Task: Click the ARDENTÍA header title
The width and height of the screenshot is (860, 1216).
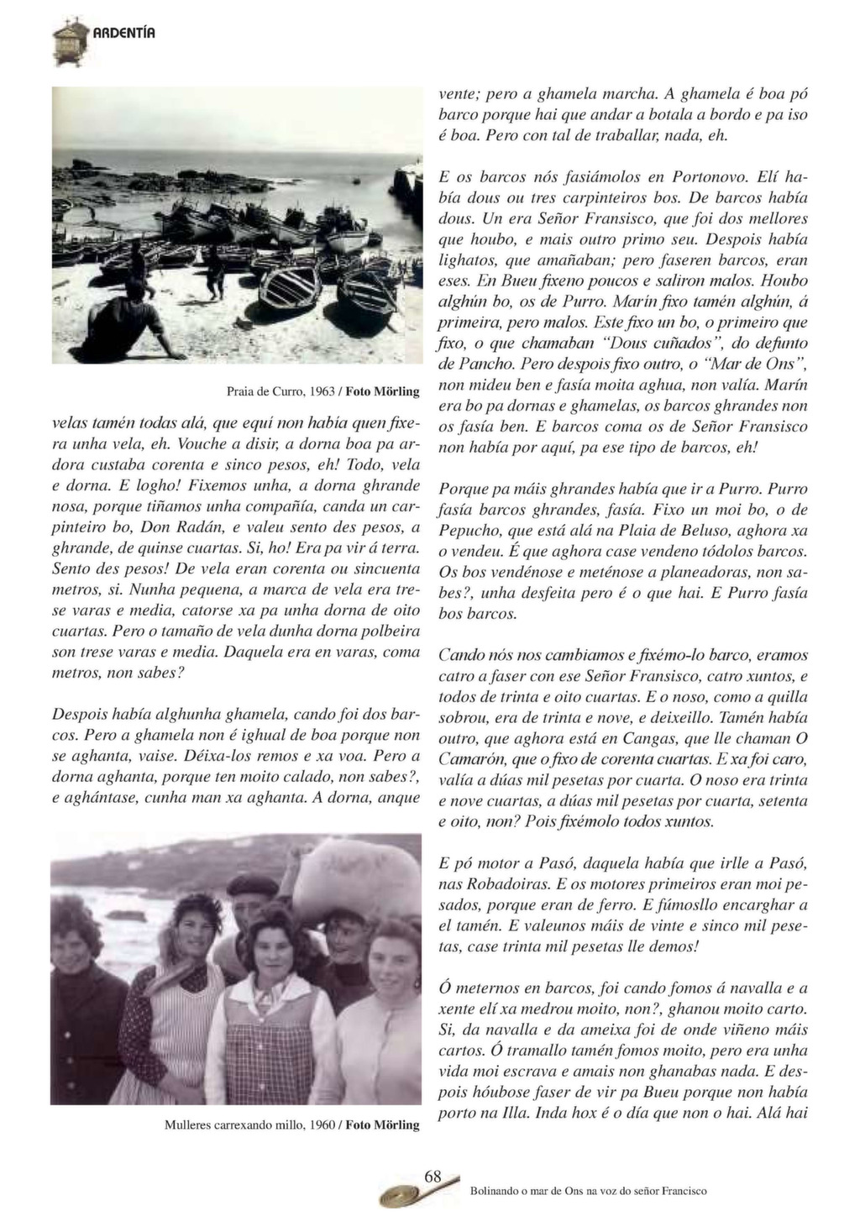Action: [123, 34]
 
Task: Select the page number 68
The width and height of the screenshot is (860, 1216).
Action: [433, 1176]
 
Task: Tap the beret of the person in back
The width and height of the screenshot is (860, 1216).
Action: [252, 884]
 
